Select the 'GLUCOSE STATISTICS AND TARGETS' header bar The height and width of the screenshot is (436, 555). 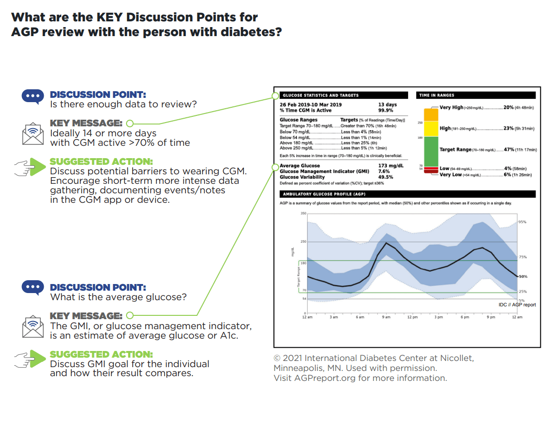point(343,95)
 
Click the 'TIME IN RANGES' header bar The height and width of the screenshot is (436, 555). point(476,95)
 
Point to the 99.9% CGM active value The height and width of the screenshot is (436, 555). point(386,110)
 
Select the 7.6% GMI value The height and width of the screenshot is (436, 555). point(384,171)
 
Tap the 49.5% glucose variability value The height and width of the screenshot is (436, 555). point(385,177)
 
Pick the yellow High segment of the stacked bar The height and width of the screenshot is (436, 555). point(430,129)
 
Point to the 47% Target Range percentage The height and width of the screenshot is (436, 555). point(509,150)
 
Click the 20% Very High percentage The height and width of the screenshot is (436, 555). point(508,108)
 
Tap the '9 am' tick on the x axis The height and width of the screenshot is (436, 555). point(386,317)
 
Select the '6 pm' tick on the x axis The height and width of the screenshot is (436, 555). point(465,317)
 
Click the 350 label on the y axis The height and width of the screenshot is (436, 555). point(303,213)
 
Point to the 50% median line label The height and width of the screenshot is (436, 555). point(523,276)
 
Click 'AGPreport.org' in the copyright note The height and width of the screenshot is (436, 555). point(311,379)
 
